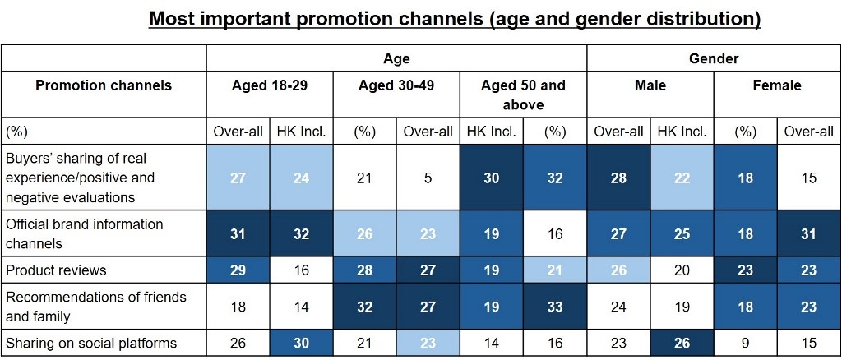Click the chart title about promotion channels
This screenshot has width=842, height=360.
click(454, 18)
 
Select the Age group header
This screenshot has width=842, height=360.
click(396, 58)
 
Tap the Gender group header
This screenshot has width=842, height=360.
click(714, 58)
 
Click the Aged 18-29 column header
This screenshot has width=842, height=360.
click(269, 85)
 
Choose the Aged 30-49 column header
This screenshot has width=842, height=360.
click(396, 85)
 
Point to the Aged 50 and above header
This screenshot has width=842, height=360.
click(523, 95)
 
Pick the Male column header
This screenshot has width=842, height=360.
click(650, 85)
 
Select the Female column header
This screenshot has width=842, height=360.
click(777, 85)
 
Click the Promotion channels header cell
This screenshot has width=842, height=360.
click(104, 85)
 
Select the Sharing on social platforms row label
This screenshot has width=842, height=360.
click(91, 343)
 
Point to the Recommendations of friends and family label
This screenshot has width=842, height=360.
click(95, 306)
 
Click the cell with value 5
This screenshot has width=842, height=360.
click(428, 178)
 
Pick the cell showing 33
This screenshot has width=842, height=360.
click(555, 306)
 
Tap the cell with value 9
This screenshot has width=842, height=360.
click(745, 343)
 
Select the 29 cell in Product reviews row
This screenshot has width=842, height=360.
click(237, 270)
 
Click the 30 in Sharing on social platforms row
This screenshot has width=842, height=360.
click(301, 343)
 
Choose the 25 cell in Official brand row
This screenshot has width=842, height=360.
click(682, 233)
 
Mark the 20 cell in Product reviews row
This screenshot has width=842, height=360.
click(682, 270)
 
